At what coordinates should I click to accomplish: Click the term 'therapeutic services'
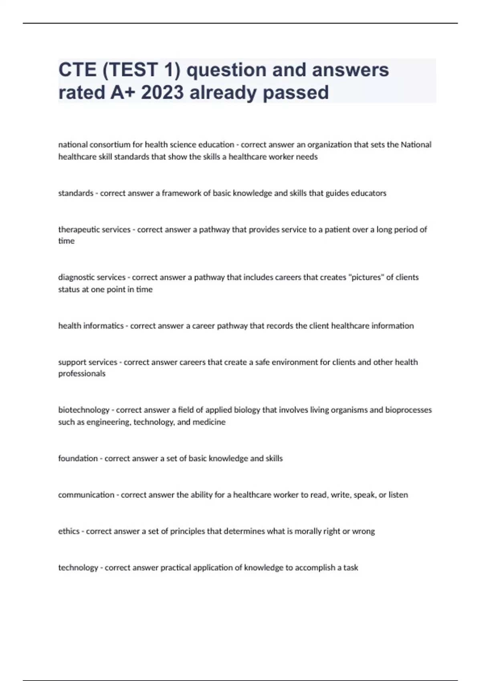pyautogui.click(x=94, y=230)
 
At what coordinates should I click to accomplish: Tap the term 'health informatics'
pyautogui.click(x=91, y=326)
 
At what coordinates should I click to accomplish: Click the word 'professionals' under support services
pyautogui.click(x=82, y=373)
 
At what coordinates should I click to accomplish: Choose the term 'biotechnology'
pyautogui.click(x=84, y=410)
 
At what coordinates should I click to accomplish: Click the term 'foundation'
pyautogui.click(x=78, y=458)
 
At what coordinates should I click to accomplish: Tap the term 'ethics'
pyautogui.click(x=69, y=531)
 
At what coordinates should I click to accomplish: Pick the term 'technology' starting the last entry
pyautogui.click(x=78, y=568)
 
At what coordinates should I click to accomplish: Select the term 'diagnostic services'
pyautogui.click(x=92, y=277)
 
